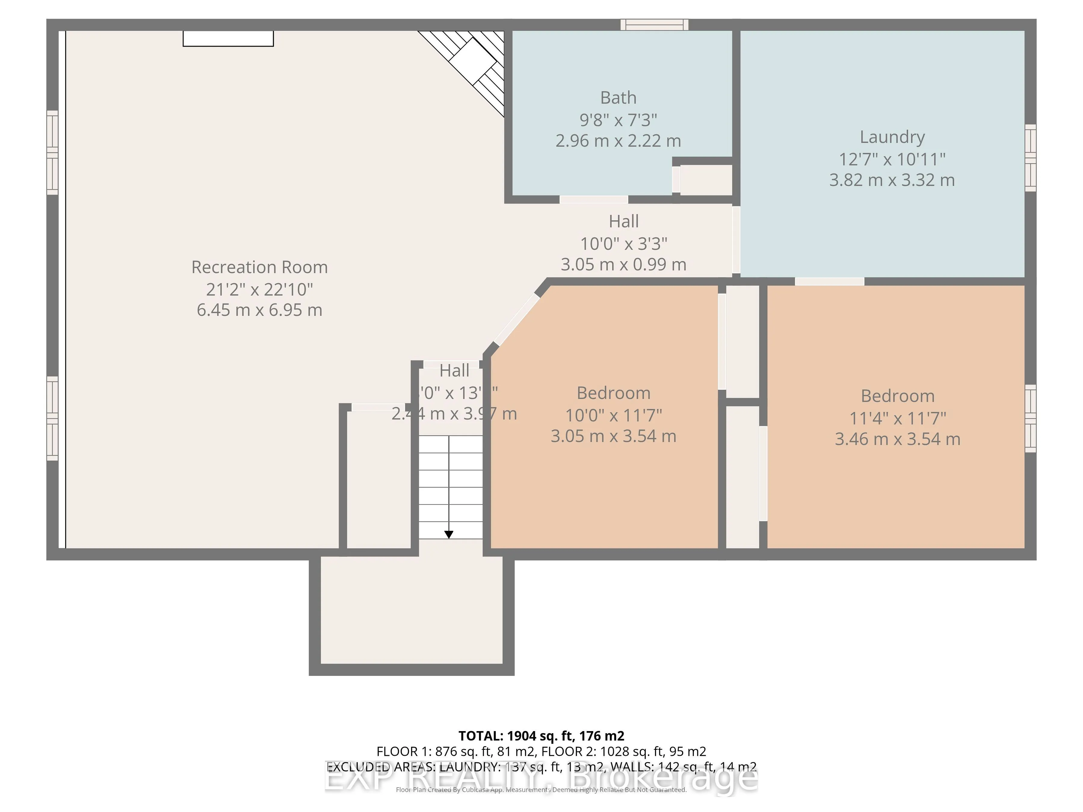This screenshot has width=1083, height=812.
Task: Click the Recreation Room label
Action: pos(260,267)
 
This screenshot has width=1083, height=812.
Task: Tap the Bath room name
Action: pos(619,98)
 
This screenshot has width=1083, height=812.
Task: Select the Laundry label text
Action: pos(892,137)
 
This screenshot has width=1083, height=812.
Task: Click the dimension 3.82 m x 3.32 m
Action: pos(892,180)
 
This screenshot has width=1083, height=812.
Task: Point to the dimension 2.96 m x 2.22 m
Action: pos(619,141)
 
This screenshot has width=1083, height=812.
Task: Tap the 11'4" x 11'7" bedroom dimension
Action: pos(897,419)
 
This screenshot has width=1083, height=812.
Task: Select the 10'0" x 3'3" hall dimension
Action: pos(624,243)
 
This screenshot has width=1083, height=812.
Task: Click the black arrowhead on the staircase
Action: pos(449,534)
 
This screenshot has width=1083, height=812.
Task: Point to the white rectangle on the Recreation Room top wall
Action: pos(228,39)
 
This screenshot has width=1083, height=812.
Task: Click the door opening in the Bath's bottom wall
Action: pos(594,199)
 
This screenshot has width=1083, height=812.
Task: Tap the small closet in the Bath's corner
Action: pos(705,180)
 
